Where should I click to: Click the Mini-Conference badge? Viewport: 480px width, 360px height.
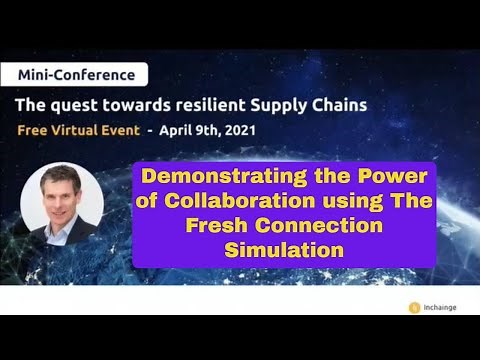click(x=75, y=74)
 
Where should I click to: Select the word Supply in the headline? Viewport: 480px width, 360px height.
click(x=294, y=104)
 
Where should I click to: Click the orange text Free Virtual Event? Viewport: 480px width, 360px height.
click(x=79, y=131)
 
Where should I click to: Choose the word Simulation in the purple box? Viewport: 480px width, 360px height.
click(x=283, y=247)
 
